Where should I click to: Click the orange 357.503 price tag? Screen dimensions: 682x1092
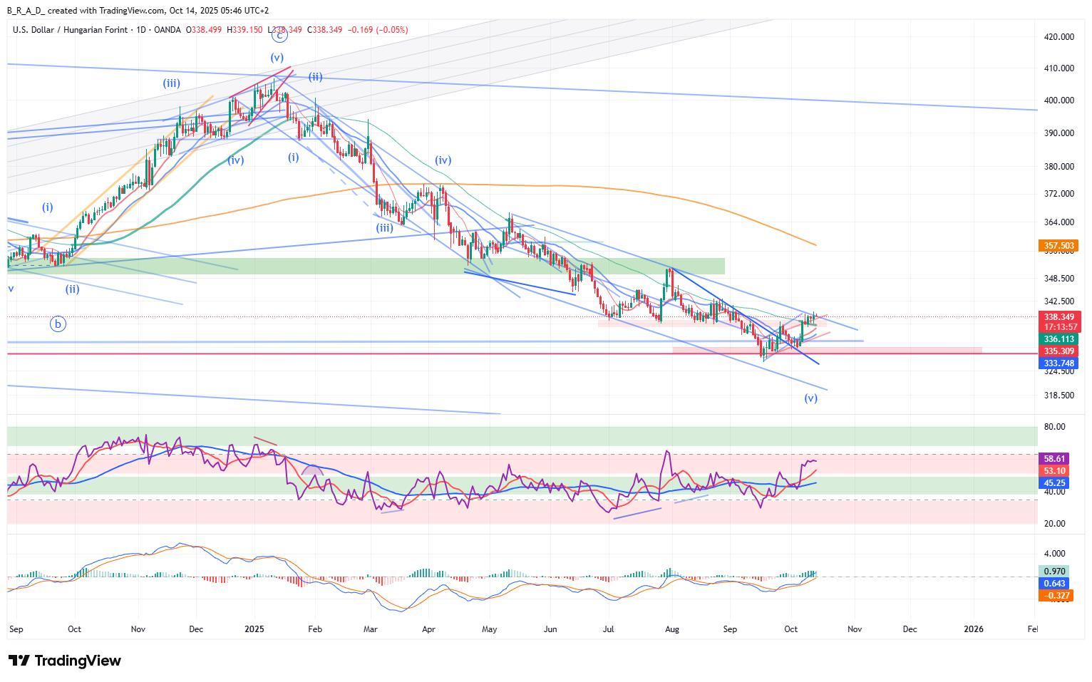pyautogui.click(x=1058, y=246)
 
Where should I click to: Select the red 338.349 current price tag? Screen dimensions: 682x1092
pyautogui.click(x=1058, y=317)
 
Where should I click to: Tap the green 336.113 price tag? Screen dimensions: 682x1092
pyautogui.click(x=1058, y=340)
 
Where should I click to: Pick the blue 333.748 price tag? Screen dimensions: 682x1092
pyautogui.click(x=1058, y=363)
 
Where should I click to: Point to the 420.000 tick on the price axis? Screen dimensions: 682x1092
pyautogui.click(x=1058, y=37)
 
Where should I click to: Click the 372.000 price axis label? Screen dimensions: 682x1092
pyautogui.click(x=1058, y=194)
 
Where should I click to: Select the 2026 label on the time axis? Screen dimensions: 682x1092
pyautogui.click(x=973, y=629)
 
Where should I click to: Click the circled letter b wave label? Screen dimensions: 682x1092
pyautogui.click(x=58, y=324)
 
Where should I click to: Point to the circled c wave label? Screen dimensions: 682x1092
pyautogui.click(x=279, y=33)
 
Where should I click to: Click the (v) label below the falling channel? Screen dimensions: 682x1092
pyautogui.click(x=810, y=398)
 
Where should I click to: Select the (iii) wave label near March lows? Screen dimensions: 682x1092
pyautogui.click(x=384, y=228)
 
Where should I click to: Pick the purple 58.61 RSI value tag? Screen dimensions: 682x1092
pyautogui.click(x=1054, y=459)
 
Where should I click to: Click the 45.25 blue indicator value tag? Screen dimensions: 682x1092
pyautogui.click(x=1054, y=483)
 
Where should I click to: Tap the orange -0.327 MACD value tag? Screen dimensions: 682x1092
pyautogui.click(x=1054, y=596)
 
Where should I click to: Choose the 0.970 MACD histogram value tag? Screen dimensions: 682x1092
pyautogui.click(x=1054, y=572)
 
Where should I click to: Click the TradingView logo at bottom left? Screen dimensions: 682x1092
pyautogui.click(x=65, y=661)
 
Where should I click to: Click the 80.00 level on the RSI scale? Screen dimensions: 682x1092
pyautogui.click(x=1055, y=427)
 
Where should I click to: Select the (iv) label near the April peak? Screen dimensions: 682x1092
pyautogui.click(x=443, y=160)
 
